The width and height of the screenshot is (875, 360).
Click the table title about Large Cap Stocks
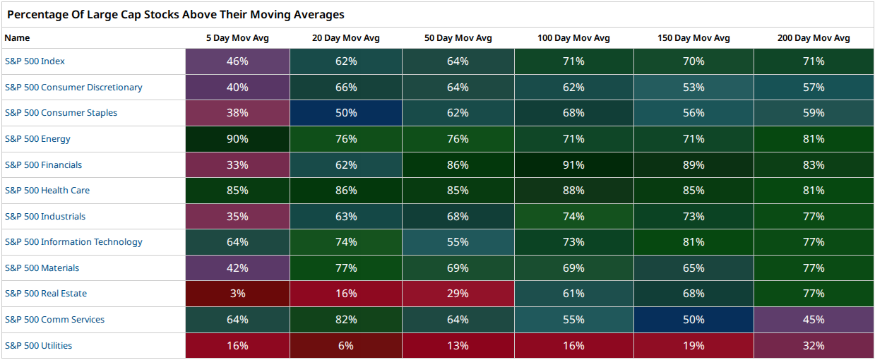click(176, 15)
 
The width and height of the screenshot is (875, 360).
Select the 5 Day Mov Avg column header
click(237, 38)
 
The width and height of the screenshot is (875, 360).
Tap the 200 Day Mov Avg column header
click(814, 38)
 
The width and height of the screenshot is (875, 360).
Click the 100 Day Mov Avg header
click(573, 38)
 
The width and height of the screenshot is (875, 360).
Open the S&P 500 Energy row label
click(37, 139)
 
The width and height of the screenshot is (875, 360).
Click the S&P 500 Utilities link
click(38, 346)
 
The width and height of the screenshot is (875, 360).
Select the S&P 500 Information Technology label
click(73, 242)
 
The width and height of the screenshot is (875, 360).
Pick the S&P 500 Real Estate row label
click(46, 294)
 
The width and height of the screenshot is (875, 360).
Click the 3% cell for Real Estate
click(237, 294)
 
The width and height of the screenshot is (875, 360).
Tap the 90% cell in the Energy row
click(237, 139)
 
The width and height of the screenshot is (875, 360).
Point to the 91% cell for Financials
click(573, 164)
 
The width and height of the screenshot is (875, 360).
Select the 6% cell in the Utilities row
click(346, 346)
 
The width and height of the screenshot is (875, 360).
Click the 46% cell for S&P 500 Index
click(237, 61)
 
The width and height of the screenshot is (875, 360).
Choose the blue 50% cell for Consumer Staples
click(346, 113)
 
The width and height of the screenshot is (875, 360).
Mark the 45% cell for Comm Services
click(814, 319)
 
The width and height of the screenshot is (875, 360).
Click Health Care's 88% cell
click(573, 191)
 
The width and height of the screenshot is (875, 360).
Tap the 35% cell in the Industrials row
click(237, 216)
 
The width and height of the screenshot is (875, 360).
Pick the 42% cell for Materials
click(237, 268)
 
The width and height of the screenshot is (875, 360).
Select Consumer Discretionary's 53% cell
click(694, 87)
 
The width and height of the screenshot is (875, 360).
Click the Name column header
click(17, 38)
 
